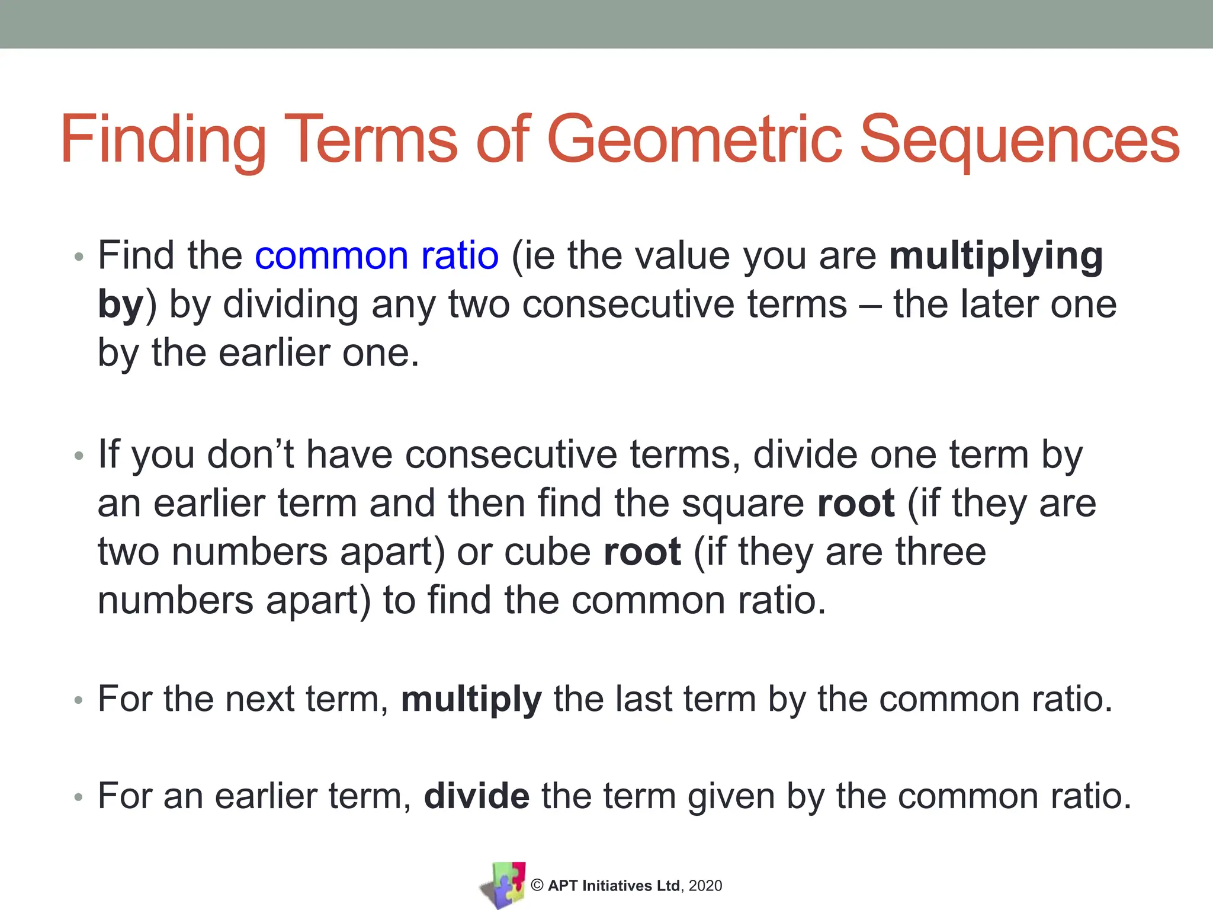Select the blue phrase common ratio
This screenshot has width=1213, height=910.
(377, 256)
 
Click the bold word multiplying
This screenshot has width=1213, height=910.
(996, 256)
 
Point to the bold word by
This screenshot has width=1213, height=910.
(120, 305)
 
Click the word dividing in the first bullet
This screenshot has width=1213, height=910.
(290, 305)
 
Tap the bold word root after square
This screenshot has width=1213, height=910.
(855, 504)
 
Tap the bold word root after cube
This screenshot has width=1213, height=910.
(642, 552)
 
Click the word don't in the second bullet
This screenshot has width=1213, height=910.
(251, 455)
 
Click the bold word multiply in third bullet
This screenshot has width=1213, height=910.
(471, 699)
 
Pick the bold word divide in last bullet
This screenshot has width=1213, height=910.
(477, 796)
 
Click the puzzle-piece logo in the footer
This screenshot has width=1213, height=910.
(503, 885)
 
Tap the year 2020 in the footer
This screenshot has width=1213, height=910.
(705, 886)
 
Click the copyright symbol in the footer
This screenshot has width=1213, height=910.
(537, 885)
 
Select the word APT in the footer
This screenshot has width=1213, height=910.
(563, 886)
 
